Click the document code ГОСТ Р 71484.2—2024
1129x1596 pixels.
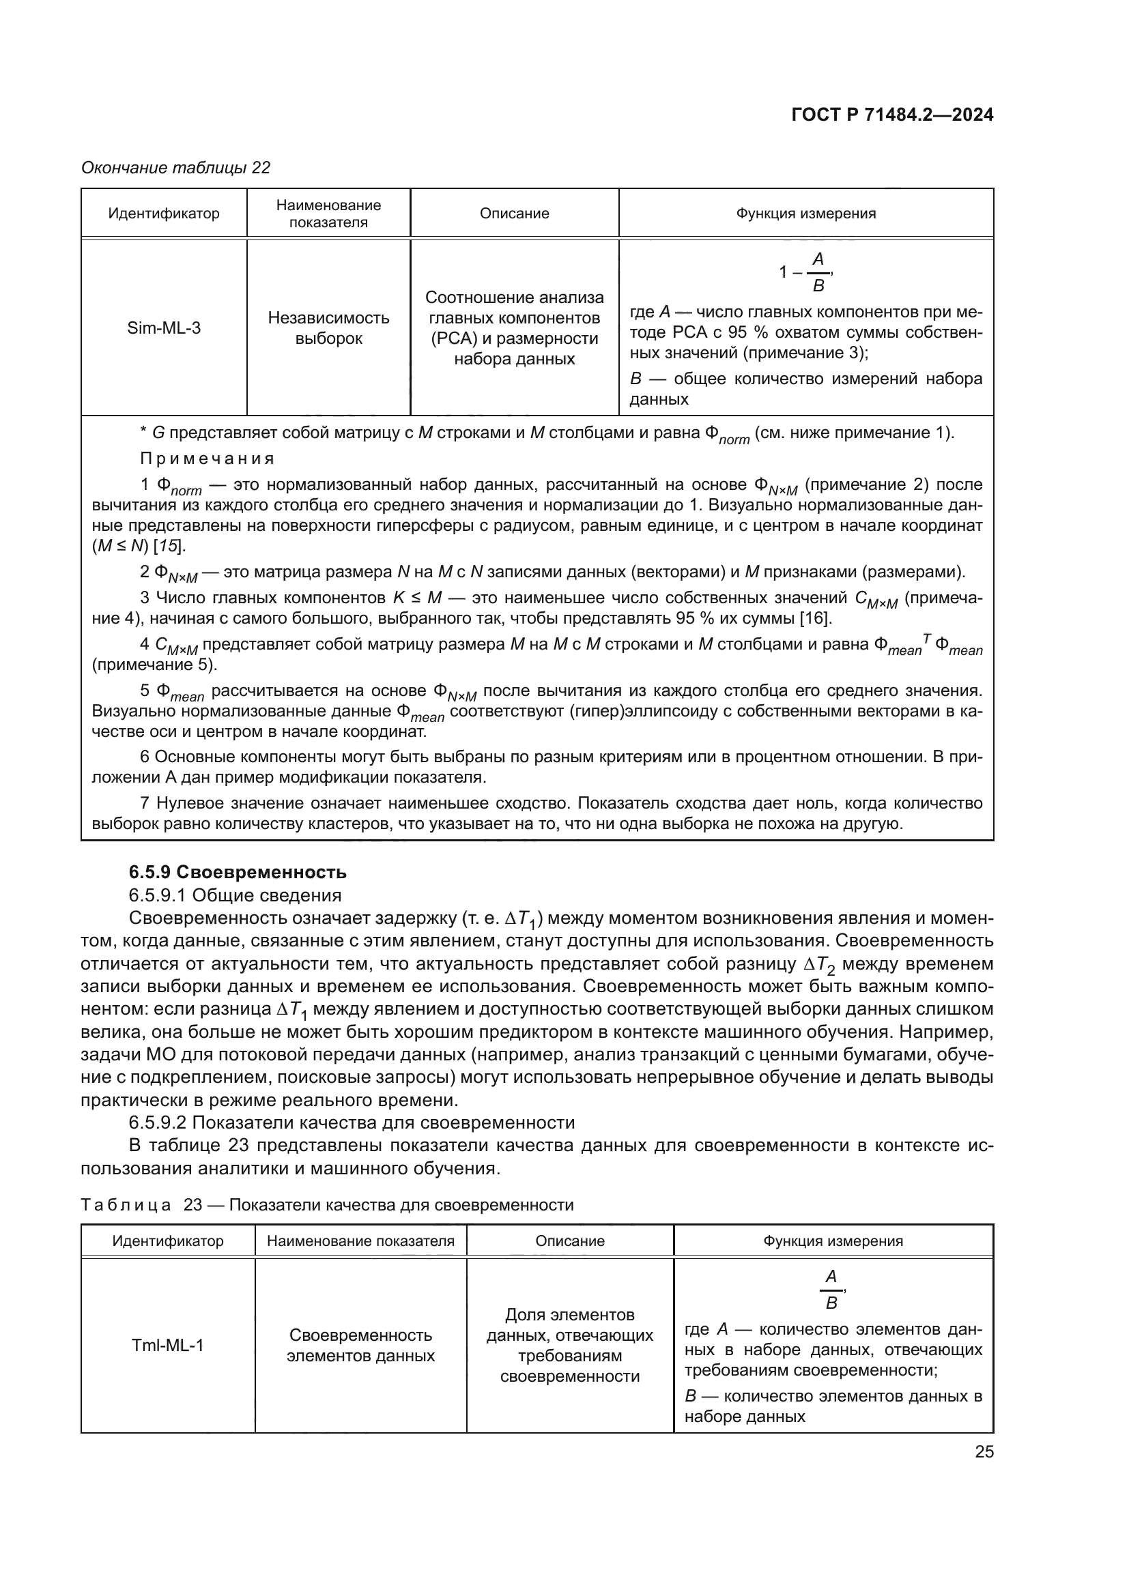892,115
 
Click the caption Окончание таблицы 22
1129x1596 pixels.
176,168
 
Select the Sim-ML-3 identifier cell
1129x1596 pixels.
164,328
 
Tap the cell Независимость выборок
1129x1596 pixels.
329,328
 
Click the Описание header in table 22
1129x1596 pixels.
514,214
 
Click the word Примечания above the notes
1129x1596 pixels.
208,459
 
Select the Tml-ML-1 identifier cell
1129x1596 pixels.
167,1345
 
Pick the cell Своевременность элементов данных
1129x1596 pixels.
361,1345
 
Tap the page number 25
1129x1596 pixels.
984,1451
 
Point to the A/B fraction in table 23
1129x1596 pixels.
831,1290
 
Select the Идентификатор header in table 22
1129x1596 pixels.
164,214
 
